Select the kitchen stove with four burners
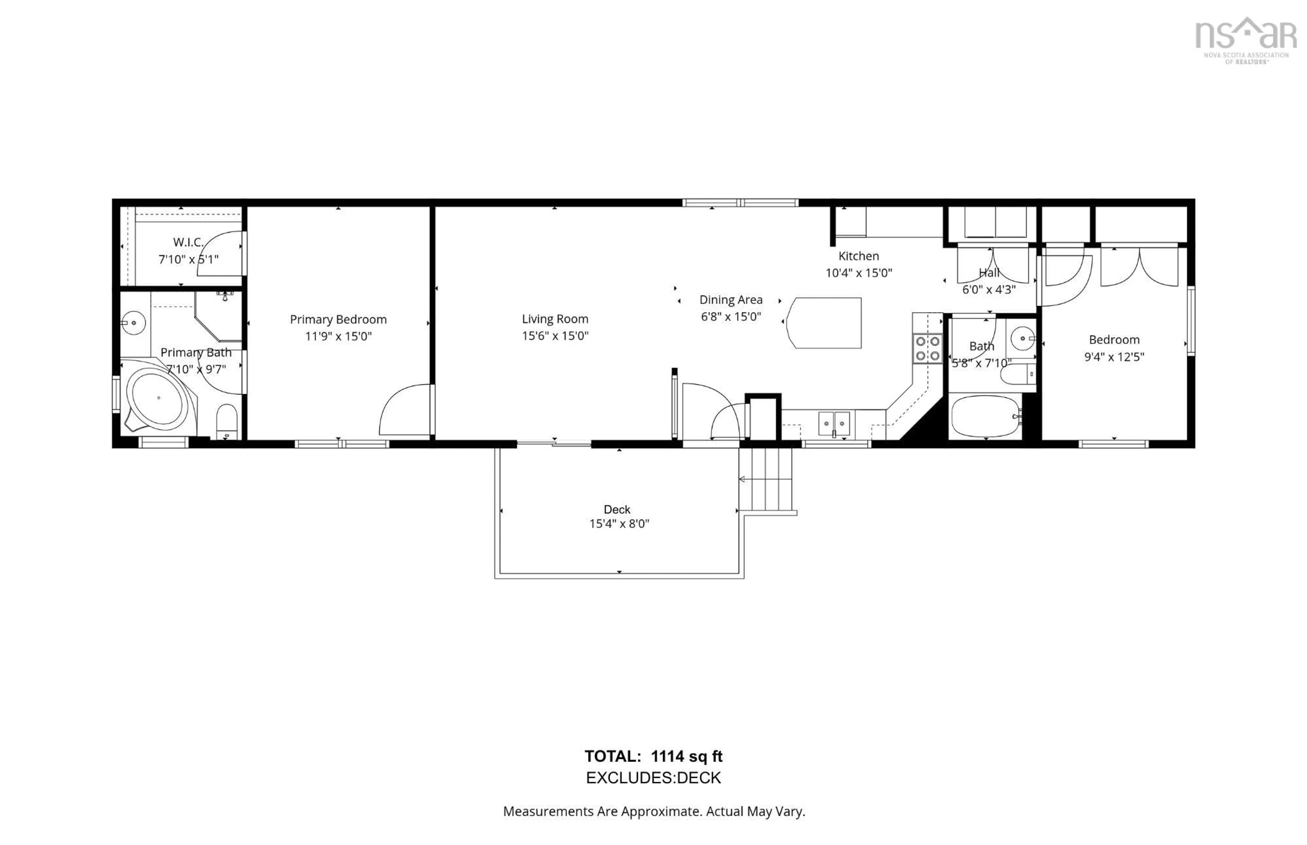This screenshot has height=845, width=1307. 927,348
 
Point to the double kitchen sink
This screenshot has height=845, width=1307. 834,424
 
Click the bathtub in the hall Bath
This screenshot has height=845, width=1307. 985,416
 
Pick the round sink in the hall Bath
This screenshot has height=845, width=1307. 1022,338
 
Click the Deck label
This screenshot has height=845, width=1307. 617,509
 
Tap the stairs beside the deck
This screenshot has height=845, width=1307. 766,479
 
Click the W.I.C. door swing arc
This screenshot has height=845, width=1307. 220,253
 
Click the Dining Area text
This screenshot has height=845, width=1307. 731,300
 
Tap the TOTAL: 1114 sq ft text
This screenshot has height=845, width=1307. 653,756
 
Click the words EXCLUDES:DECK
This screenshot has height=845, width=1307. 653,778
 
